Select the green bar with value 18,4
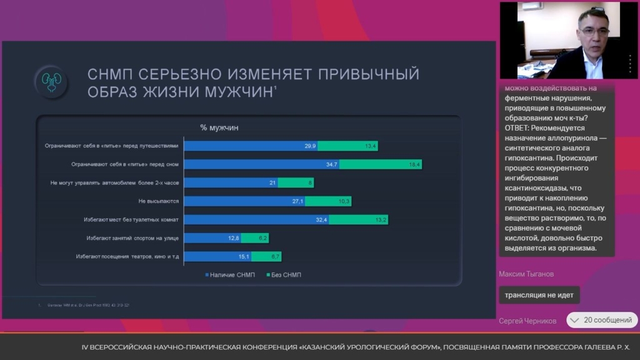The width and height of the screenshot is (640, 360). click(381, 164)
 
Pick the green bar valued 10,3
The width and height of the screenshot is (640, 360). click(328, 201)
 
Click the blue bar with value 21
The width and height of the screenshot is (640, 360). click(231, 183)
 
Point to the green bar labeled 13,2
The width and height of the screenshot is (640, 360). click(359, 220)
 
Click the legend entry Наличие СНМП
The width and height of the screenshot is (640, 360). click(229, 275)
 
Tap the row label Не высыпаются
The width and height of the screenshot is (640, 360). click(159, 201)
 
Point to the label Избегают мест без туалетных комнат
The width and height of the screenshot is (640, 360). click(131, 220)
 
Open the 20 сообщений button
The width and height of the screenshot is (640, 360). click(602, 321)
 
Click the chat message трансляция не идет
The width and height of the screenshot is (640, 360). click(539, 295)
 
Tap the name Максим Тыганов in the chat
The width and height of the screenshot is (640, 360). click(526, 274)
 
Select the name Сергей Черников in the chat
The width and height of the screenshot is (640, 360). click(527, 321)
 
